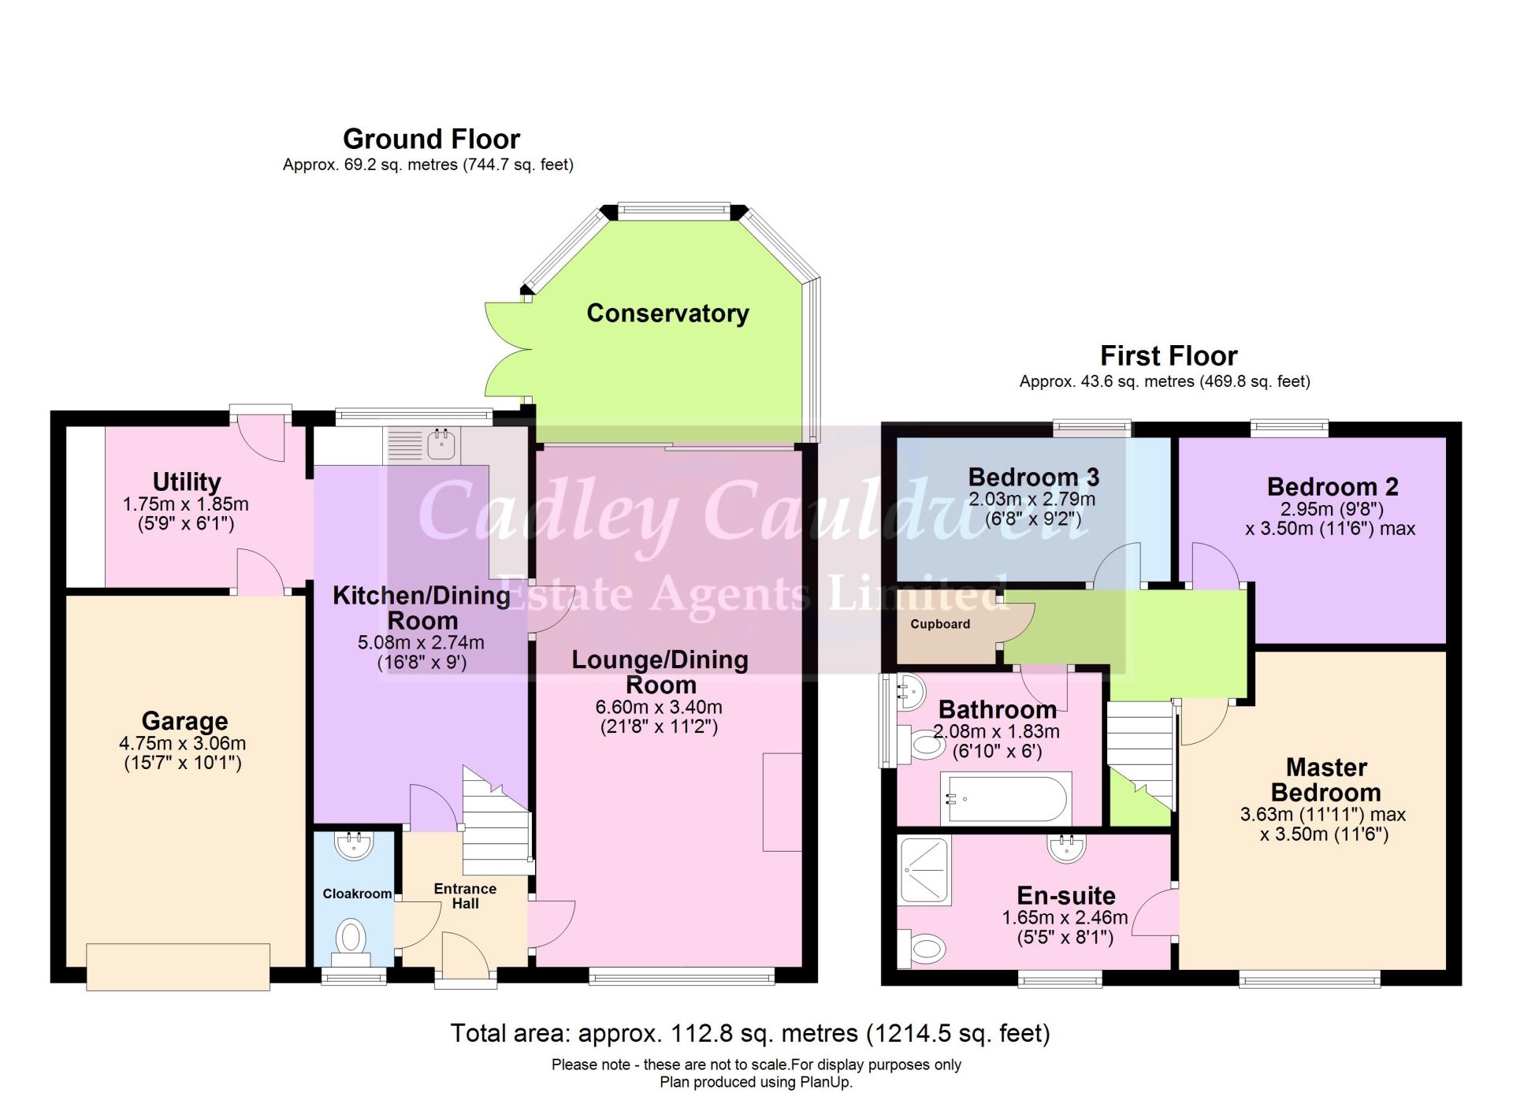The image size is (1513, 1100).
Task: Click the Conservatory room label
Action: (667, 313)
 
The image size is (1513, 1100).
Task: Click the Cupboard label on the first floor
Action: (939, 624)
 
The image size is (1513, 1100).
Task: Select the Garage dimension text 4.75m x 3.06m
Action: (183, 743)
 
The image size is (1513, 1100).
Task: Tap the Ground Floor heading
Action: (431, 139)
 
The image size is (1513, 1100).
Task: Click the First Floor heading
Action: (1168, 356)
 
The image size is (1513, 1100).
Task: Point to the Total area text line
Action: (749, 1033)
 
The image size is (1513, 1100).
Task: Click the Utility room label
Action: (186, 481)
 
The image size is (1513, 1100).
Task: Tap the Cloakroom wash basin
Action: (354, 846)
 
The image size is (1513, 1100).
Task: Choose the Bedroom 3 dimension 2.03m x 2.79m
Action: (1032, 499)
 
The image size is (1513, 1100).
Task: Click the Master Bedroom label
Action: (1325, 779)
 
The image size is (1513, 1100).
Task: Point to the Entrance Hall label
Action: (465, 896)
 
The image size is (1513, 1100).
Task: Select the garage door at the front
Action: (178, 967)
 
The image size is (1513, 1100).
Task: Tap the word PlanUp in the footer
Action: (826, 1083)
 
